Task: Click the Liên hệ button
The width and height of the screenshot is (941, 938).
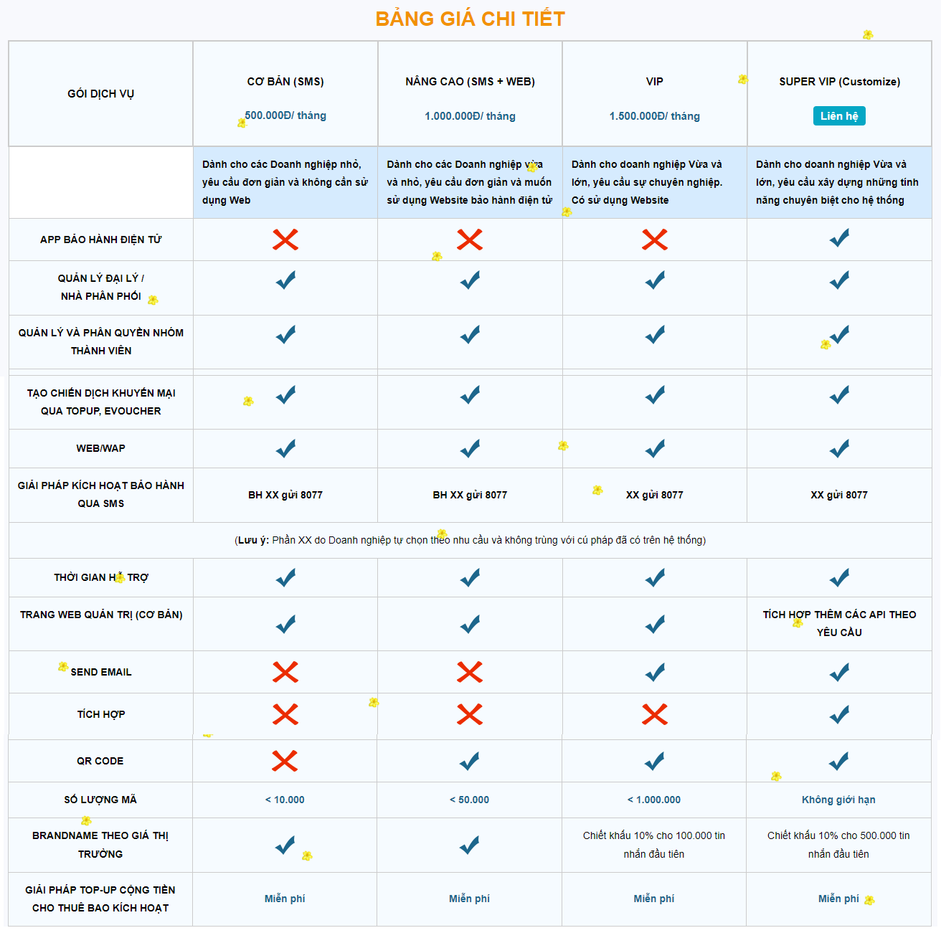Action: tap(839, 116)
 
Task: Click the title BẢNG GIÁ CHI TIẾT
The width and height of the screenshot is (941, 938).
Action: tap(471, 19)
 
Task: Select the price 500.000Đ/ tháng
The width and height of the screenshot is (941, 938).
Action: tap(285, 115)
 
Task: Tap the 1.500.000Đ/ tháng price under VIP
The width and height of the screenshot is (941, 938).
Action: tap(654, 116)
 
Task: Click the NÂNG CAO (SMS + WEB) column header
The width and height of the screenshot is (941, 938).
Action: tap(470, 82)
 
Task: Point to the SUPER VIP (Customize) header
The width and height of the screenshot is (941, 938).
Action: tap(839, 82)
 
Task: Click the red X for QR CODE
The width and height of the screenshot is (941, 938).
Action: tap(285, 761)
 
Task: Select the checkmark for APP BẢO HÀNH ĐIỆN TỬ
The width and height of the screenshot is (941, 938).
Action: tap(839, 238)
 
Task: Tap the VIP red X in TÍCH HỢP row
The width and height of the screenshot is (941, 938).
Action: tap(654, 714)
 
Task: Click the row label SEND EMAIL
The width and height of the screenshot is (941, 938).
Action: tap(101, 672)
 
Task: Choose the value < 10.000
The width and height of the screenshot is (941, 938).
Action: tap(285, 800)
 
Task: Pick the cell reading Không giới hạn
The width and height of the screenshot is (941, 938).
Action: tap(838, 800)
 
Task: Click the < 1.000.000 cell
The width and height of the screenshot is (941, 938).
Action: tap(654, 800)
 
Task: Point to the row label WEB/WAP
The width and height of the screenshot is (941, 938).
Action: tap(101, 448)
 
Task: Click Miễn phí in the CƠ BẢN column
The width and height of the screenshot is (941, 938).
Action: tap(285, 899)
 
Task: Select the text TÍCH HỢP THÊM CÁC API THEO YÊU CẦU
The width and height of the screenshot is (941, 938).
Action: tap(839, 623)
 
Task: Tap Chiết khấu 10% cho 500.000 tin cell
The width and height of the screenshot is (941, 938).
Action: tap(838, 844)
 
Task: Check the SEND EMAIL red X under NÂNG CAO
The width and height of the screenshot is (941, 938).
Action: tap(470, 672)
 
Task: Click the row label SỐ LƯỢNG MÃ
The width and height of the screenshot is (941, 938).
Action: tap(100, 800)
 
